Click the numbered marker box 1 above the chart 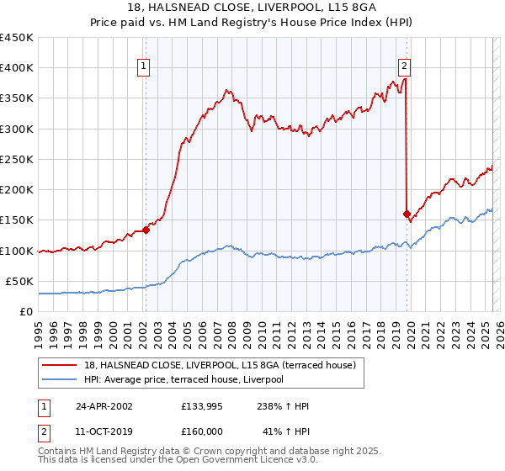tap(144, 67)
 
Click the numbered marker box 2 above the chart tap(404, 67)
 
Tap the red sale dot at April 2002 tap(146, 229)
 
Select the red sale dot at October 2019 tap(407, 214)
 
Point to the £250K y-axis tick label tap(17, 160)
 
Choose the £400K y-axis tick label tap(17, 68)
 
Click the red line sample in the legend tap(61, 365)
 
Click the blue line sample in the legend tap(61, 379)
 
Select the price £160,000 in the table tap(202, 431)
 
